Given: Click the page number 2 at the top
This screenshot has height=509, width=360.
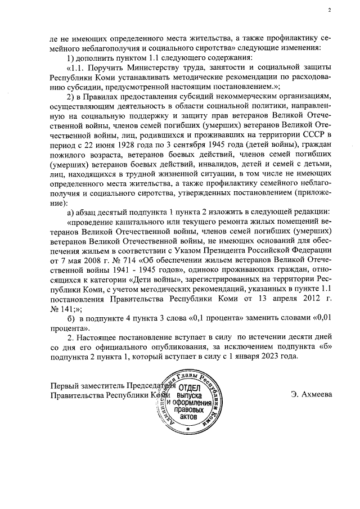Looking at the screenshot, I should (x=330, y=10).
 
